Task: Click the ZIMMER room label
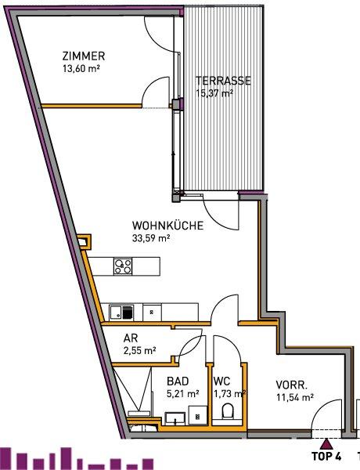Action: coord(84,56)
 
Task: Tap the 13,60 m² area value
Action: coord(81,68)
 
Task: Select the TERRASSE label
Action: coord(223,81)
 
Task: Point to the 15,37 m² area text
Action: coord(214,93)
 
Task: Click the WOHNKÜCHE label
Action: coord(167,225)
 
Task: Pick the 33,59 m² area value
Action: coord(151,238)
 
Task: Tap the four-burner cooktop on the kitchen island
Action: coord(123,266)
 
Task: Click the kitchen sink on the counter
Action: coord(116,313)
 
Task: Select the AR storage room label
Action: coord(131,338)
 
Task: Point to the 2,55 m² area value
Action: coord(139,350)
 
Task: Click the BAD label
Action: coord(178,381)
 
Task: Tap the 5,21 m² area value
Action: coord(182,393)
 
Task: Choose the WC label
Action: coord(221,381)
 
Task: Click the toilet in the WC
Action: coord(228,411)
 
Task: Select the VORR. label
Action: coord(291,385)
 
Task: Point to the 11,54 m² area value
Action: coord(295,397)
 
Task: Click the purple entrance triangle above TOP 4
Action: coord(327,444)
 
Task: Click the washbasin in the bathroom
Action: coord(175,419)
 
